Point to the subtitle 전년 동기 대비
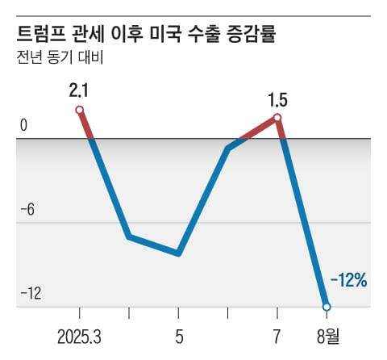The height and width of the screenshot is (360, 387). (60, 57)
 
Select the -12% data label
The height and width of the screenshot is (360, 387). (348, 281)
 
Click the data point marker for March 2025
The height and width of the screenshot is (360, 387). (79, 110)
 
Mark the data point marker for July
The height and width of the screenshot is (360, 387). (277, 118)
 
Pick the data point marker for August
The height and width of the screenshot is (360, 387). (327, 307)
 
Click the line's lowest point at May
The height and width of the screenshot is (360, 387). (178, 253)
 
